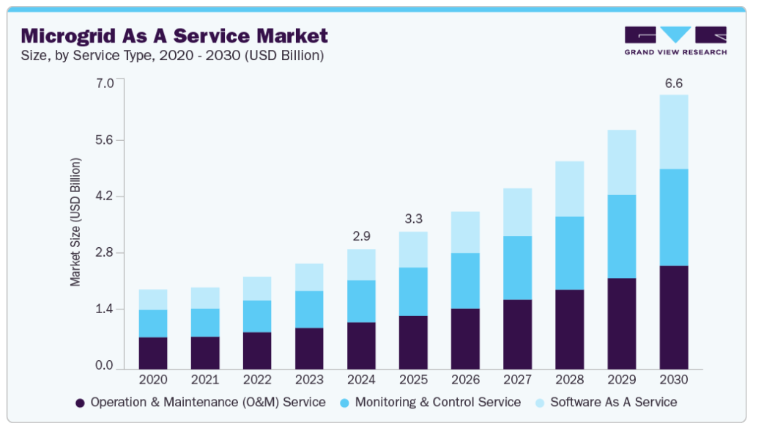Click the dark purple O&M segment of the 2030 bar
click(x=674, y=318)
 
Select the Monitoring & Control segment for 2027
click(x=517, y=268)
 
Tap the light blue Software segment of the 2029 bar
click(x=622, y=162)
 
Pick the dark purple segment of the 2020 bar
click(x=153, y=353)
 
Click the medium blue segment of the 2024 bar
click(x=361, y=301)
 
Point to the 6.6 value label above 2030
click(x=674, y=84)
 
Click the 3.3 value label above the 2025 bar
click(x=414, y=219)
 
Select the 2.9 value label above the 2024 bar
click(x=361, y=237)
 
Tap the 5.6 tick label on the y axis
click(x=104, y=140)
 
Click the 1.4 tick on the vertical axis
click(x=104, y=309)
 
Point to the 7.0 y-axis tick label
click(x=104, y=83)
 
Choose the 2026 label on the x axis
click(x=465, y=379)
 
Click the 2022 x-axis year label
click(x=257, y=379)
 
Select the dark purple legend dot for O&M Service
click(x=80, y=403)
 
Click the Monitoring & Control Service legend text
click(x=438, y=403)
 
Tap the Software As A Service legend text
click(x=614, y=403)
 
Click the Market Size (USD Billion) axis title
click(x=75, y=222)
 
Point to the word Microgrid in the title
click(x=68, y=37)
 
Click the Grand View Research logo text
click(x=675, y=52)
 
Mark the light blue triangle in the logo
click(x=675, y=34)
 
